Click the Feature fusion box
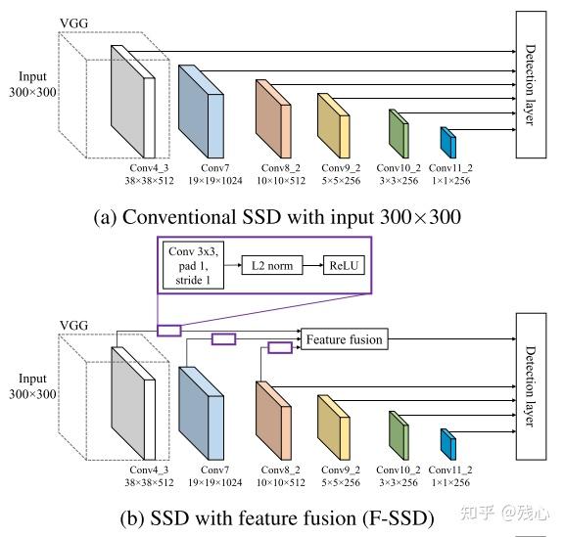[x=343, y=339]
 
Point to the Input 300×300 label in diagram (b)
[x=35, y=385]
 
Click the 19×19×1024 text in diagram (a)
[x=213, y=183]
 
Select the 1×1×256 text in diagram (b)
[x=449, y=482]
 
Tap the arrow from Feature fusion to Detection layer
[x=449, y=339]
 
